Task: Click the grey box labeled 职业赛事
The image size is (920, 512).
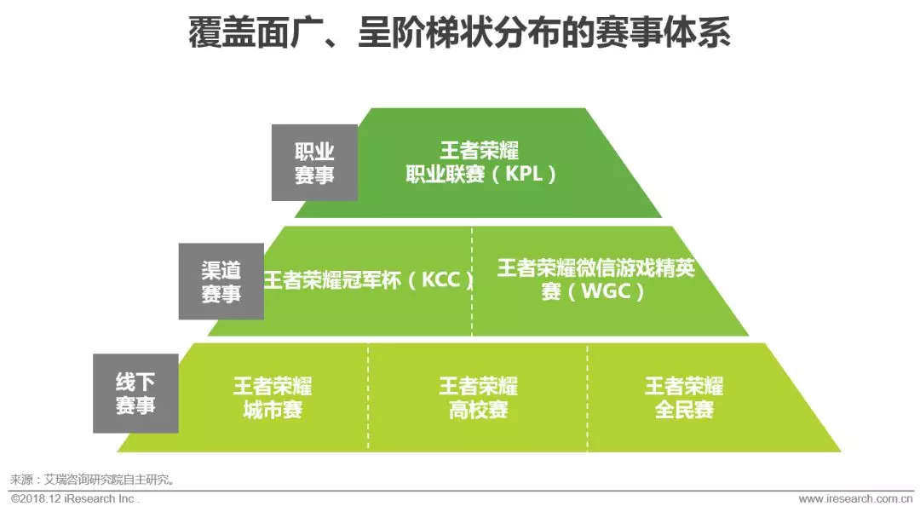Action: (x=314, y=163)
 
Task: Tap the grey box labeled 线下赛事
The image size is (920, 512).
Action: (x=135, y=394)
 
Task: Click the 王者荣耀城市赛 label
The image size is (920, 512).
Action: (x=273, y=398)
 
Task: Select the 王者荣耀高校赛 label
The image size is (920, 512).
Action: (x=478, y=398)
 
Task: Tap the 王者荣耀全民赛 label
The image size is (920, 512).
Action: (x=683, y=398)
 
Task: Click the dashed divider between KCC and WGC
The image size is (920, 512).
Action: (x=472, y=281)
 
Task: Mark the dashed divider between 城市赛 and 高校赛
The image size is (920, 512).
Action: (x=368, y=397)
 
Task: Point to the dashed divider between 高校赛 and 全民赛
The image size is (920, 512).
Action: (x=587, y=397)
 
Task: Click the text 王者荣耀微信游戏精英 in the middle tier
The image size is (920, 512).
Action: (x=595, y=268)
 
